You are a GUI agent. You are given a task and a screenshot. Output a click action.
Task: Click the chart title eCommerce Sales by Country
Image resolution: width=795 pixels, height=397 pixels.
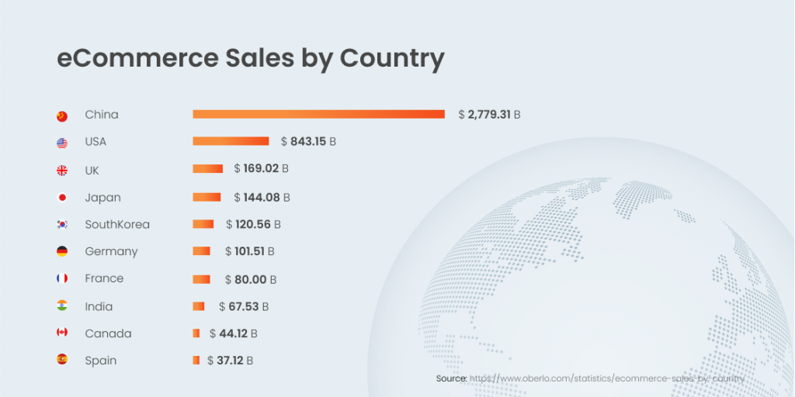click(250, 59)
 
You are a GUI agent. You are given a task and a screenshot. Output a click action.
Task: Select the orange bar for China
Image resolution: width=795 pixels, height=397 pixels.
click(318, 114)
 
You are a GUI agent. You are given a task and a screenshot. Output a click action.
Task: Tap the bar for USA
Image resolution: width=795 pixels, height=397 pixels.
click(231, 141)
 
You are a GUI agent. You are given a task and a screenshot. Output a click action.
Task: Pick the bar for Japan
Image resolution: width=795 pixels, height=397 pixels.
click(207, 197)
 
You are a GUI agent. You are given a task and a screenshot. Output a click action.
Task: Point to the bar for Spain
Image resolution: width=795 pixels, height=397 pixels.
click(196, 360)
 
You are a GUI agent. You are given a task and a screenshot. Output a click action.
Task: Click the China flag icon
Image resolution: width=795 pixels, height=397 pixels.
click(62, 116)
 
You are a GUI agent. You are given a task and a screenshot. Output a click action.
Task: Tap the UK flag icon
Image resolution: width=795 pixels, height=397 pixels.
click(62, 171)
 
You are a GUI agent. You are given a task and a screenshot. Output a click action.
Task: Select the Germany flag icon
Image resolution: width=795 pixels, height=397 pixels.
click(62, 251)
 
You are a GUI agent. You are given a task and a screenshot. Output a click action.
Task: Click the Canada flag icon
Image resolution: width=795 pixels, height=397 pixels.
click(62, 333)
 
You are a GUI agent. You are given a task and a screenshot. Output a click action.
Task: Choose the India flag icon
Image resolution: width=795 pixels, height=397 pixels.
click(62, 306)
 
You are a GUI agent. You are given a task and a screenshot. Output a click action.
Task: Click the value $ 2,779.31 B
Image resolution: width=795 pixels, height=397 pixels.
click(489, 115)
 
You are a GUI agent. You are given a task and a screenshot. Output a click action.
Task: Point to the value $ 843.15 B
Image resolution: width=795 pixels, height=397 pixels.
click(308, 142)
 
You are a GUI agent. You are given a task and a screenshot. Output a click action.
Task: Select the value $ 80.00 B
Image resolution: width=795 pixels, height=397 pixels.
click(250, 279)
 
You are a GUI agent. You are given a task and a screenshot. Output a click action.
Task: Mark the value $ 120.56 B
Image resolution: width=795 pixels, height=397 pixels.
click(253, 224)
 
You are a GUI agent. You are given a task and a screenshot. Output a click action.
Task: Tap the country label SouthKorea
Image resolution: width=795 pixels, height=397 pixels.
click(117, 224)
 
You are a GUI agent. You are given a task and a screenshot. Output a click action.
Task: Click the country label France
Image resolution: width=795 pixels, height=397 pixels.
click(104, 278)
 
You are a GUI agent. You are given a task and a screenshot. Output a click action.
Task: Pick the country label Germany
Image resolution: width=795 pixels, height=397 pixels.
click(111, 251)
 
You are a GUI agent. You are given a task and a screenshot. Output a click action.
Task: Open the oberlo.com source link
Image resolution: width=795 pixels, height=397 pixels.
click(606, 378)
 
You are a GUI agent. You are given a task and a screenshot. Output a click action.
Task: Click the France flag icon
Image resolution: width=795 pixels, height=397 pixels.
click(62, 278)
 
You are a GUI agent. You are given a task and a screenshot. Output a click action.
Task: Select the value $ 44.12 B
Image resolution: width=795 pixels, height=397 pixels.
click(233, 333)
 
